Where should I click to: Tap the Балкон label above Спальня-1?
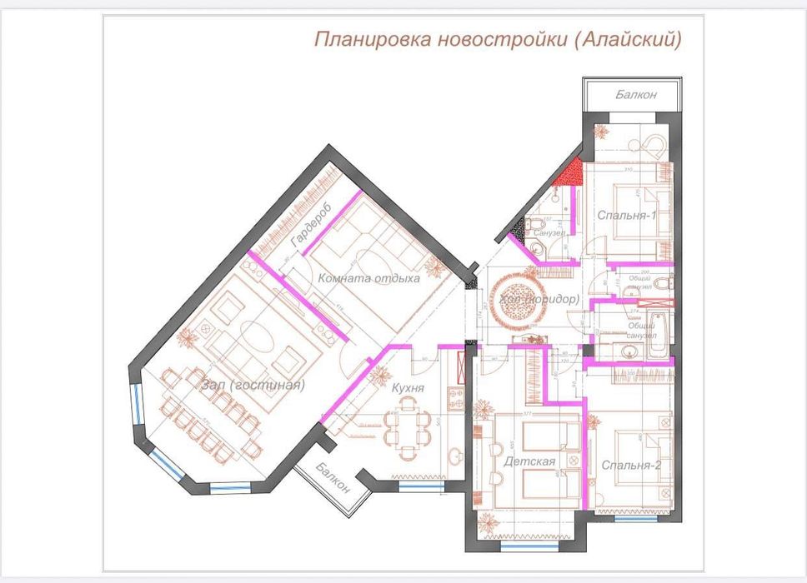(x=636, y=95)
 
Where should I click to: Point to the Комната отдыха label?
(x=368, y=278)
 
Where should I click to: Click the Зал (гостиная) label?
(x=253, y=385)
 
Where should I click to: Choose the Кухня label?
(x=408, y=387)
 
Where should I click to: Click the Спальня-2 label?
(x=630, y=466)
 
